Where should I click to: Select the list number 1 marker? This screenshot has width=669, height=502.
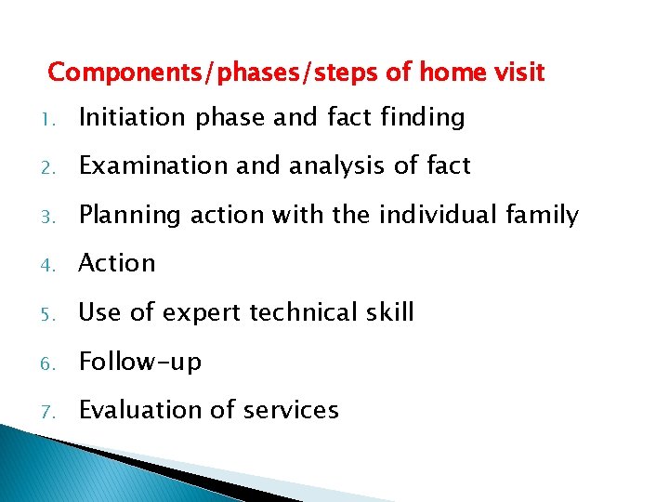coord(55,119)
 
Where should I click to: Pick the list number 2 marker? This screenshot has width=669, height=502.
coord(55,167)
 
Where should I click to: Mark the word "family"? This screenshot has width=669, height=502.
coord(547,216)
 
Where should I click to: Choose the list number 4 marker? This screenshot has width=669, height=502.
coord(55,265)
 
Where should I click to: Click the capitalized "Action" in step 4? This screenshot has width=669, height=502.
coord(117,263)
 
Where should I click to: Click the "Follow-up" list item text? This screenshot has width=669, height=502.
coord(139,362)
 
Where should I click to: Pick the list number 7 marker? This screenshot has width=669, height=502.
coord(55,411)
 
